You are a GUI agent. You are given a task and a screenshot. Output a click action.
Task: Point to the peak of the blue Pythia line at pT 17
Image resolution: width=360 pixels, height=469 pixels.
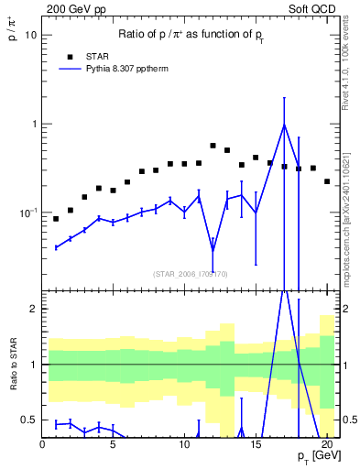pos(284,125)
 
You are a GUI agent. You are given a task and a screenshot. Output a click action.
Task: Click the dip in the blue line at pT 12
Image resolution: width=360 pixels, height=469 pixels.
pos(213,247)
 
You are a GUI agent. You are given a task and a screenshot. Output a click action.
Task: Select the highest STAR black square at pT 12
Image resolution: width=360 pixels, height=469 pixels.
pos(213,146)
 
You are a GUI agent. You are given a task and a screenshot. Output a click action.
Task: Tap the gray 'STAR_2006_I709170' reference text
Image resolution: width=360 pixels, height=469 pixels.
pos(191,273)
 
